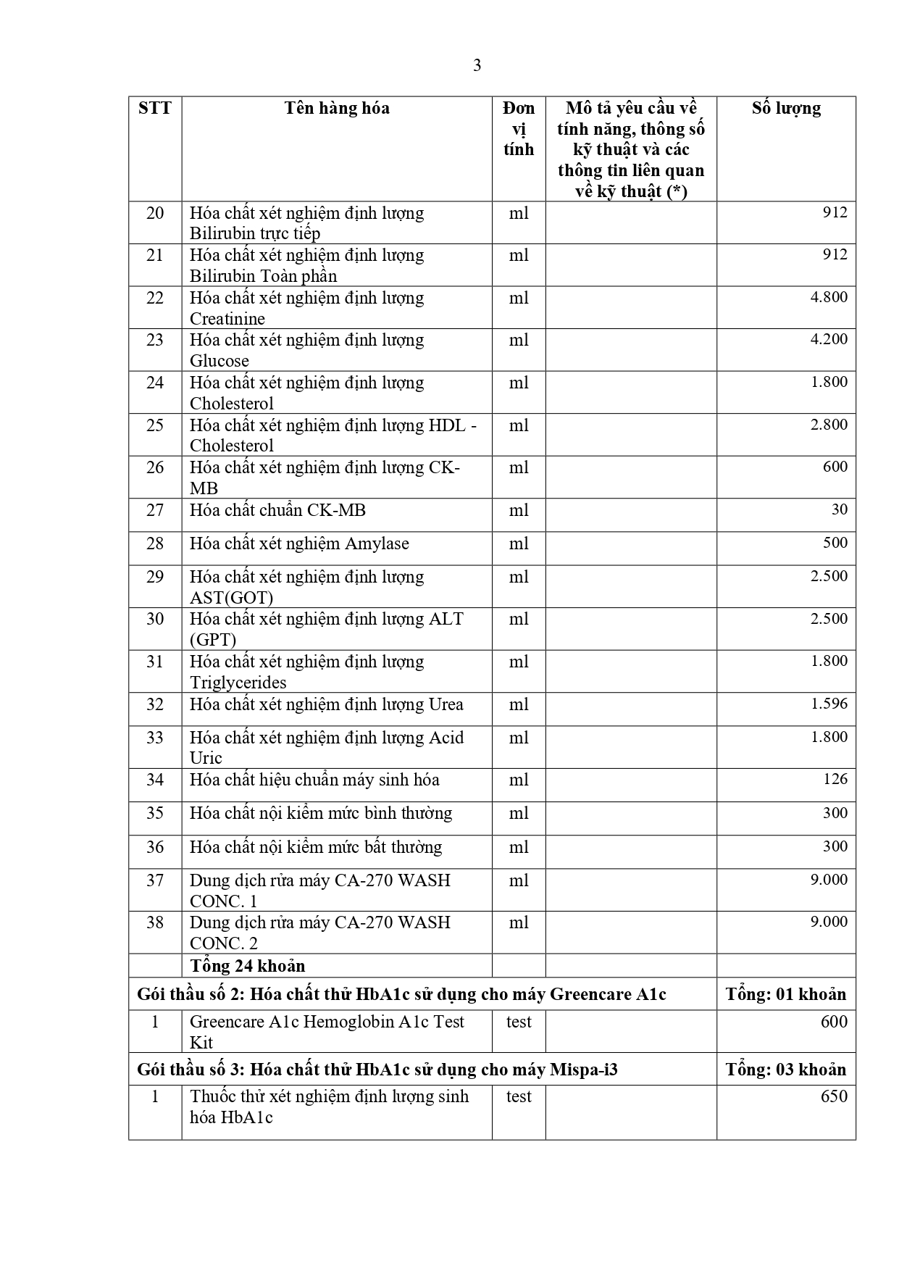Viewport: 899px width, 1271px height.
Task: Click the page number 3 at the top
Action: (x=477, y=66)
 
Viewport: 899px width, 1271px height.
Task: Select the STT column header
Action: (x=155, y=109)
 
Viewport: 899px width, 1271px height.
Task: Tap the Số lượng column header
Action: (x=786, y=109)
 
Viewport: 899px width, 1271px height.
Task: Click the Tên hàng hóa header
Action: (x=337, y=109)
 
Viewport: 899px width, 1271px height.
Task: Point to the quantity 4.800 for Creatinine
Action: (x=829, y=297)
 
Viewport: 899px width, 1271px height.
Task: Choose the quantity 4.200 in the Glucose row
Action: (x=829, y=339)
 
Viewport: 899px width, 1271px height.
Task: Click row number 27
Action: (x=155, y=510)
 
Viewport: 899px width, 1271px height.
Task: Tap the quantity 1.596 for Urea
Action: (x=829, y=704)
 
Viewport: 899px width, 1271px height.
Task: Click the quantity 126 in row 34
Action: (x=835, y=779)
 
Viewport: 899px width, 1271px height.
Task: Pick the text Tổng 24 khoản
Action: (x=247, y=966)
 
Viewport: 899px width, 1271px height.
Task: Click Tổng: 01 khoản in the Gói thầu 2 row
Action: (x=786, y=994)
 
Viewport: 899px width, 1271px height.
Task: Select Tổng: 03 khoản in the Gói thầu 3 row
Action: (x=786, y=1070)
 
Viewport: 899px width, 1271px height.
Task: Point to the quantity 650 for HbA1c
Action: (x=834, y=1096)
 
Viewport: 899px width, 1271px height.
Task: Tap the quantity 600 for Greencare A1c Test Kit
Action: (x=834, y=1022)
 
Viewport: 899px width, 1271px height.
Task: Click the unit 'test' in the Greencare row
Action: (x=519, y=1022)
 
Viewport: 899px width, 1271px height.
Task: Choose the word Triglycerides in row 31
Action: (x=238, y=683)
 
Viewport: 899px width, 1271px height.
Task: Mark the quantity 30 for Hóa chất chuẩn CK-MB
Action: (x=839, y=509)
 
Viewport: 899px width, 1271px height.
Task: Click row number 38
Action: (x=155, y=922)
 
